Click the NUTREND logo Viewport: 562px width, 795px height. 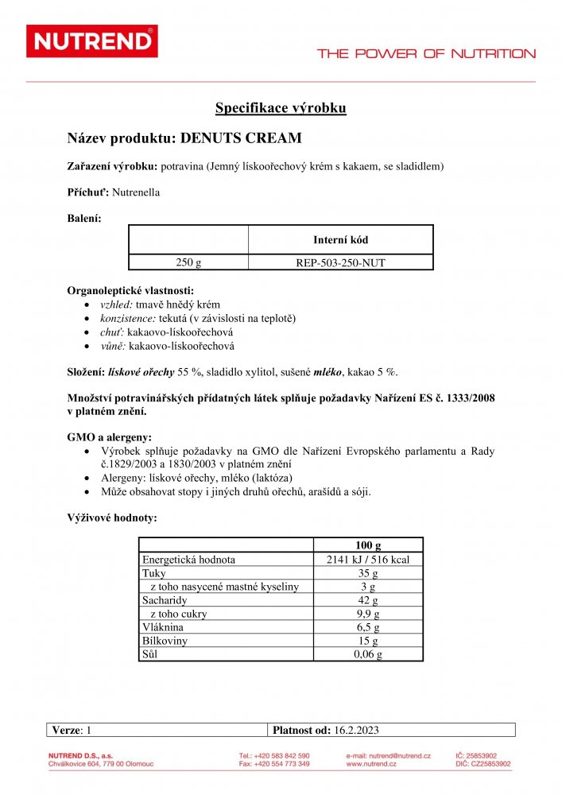pos(91,41)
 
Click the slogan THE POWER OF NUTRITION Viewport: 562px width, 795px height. pos(426,54)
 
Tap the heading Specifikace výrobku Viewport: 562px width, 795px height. pos(281,108)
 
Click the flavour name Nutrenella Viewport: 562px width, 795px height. pos(136,192)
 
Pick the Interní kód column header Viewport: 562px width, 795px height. pos(340,239)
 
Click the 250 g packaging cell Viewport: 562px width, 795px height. pos(188,262)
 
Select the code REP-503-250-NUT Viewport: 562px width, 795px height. pos(340,262)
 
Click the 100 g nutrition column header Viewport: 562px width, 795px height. pos(368,545)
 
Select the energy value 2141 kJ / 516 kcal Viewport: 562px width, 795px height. pos(368,560)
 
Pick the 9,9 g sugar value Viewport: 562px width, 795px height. pos(368,614)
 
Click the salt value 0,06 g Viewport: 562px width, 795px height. pos(368,654)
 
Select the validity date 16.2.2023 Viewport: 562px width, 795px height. pos(359,729)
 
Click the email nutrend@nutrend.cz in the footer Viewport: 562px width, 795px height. pos(389,755)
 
